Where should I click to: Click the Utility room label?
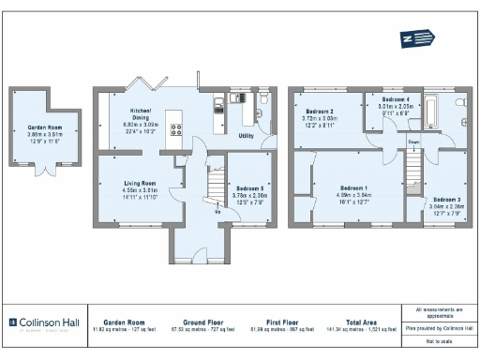[x=247, y=136]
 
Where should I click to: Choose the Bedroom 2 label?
[x=319, y=112]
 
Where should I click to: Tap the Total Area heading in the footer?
[x=361, y=320]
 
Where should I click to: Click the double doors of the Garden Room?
[x=43, y=171]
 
